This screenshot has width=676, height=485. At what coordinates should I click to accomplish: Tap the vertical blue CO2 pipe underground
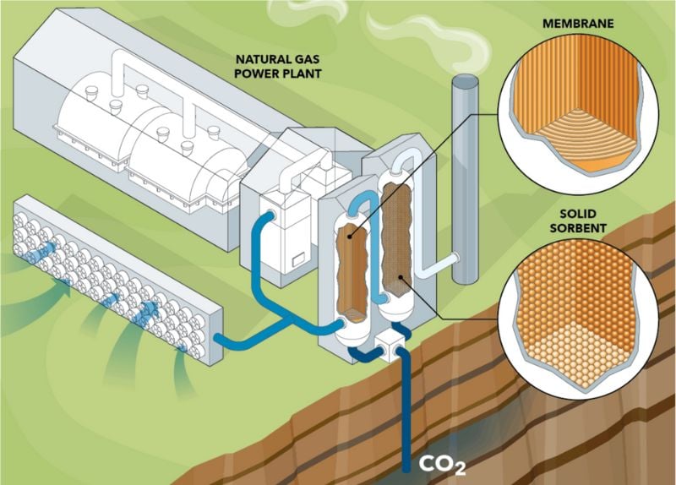(x=407, y=406)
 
